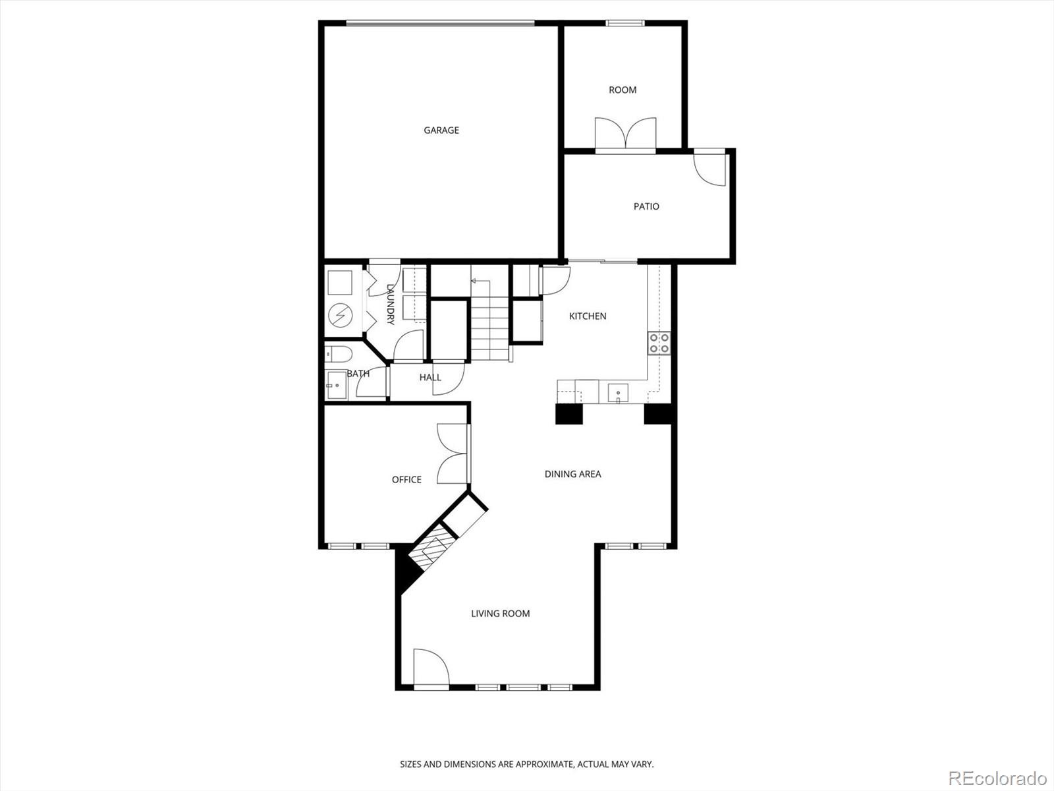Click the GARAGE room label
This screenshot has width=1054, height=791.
tap(441, 131)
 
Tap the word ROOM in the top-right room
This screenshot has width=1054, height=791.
tap(623, 90)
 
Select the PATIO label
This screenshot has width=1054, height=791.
tap(646, 207)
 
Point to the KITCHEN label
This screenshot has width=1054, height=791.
tap(588, 316)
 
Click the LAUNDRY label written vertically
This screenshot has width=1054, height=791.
tap(390, 305)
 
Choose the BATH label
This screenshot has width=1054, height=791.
tap(358, 374)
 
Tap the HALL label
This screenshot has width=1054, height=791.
tap(430, 378)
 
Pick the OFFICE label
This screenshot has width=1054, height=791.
tap(406, 480)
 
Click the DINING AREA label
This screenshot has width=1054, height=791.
tap(572, 474)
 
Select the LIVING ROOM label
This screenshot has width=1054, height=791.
tap(500, 614)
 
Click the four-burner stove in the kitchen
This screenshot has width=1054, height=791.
tap(659, 343)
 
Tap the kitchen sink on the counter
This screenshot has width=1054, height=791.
tap(618, 394)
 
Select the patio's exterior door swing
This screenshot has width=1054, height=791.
tap(710, 169)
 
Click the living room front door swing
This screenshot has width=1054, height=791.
tap(430, 668)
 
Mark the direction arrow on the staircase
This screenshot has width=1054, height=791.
tap(473, 281)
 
